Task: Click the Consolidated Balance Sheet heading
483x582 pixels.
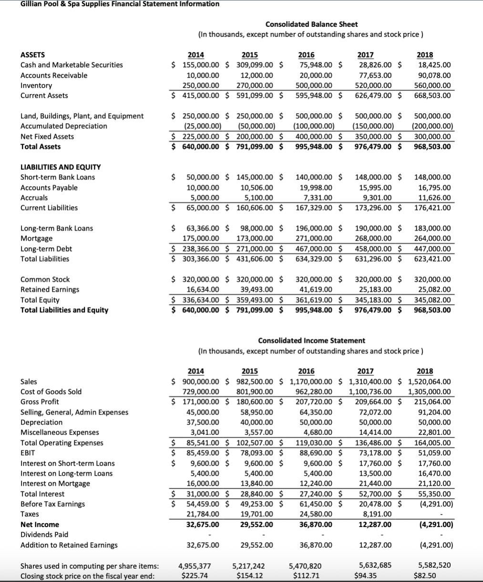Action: (311, 24)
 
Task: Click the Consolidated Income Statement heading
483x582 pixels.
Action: (311, 340)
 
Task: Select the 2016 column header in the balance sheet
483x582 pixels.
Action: (306, 54)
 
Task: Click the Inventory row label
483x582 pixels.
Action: (36, 85)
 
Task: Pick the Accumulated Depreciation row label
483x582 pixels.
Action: (63, 126)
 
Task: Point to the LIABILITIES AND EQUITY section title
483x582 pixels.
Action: (61, 167)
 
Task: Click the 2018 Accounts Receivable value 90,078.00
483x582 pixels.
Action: (434, 75)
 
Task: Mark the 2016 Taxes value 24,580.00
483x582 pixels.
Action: (314, 514)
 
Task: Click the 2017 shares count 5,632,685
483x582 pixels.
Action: (375, 565)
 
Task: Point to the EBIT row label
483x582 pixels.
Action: (28, 453)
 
